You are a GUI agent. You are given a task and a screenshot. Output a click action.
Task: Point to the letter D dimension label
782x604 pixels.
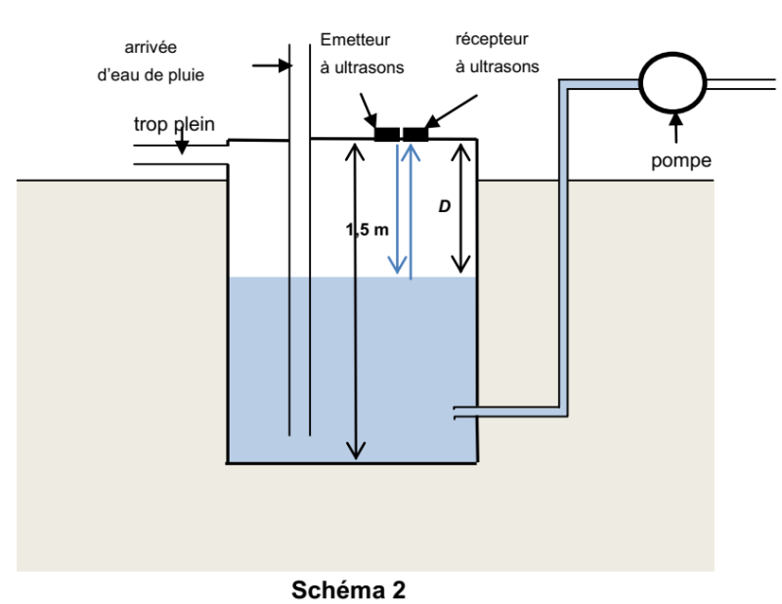pyautogui.click(x=443, y=210)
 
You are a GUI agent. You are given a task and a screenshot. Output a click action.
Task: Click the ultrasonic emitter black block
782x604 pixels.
pyautogui.click(x=387, y=134)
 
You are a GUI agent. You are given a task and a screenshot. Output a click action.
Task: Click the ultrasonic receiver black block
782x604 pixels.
pyautogui.click(x=416, y=134)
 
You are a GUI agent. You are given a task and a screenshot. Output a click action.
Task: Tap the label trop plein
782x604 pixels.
pyautogui.click(x=173, y=124)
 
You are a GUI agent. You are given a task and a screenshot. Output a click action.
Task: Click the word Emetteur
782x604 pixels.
pyautogui.click(x=354, y=41)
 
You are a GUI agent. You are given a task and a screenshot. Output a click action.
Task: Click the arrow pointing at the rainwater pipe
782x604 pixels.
pyautogui.click(x=269, y=65)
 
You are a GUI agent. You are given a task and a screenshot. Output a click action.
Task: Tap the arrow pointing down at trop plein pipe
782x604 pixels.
pyautogui.click(x=181, y=144)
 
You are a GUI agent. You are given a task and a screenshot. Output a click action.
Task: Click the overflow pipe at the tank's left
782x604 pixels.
pyautogui.click(x=181, y=154)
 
